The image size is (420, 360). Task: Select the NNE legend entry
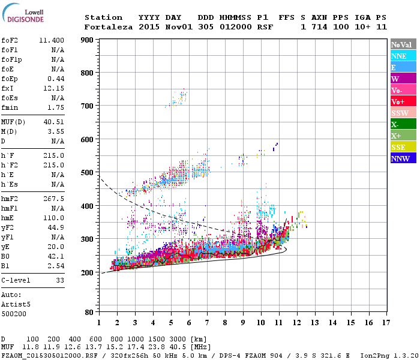click(403, 56)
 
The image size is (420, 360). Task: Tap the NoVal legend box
click(403, 44)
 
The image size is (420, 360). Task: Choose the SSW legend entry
click(403, 113)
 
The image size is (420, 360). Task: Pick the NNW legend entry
click(403, 158)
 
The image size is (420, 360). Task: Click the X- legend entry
click(403, 124)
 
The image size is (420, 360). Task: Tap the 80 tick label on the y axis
click(89, 313)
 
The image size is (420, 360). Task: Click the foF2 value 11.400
click(52, 40)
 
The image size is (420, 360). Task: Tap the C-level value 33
click(60, 280)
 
